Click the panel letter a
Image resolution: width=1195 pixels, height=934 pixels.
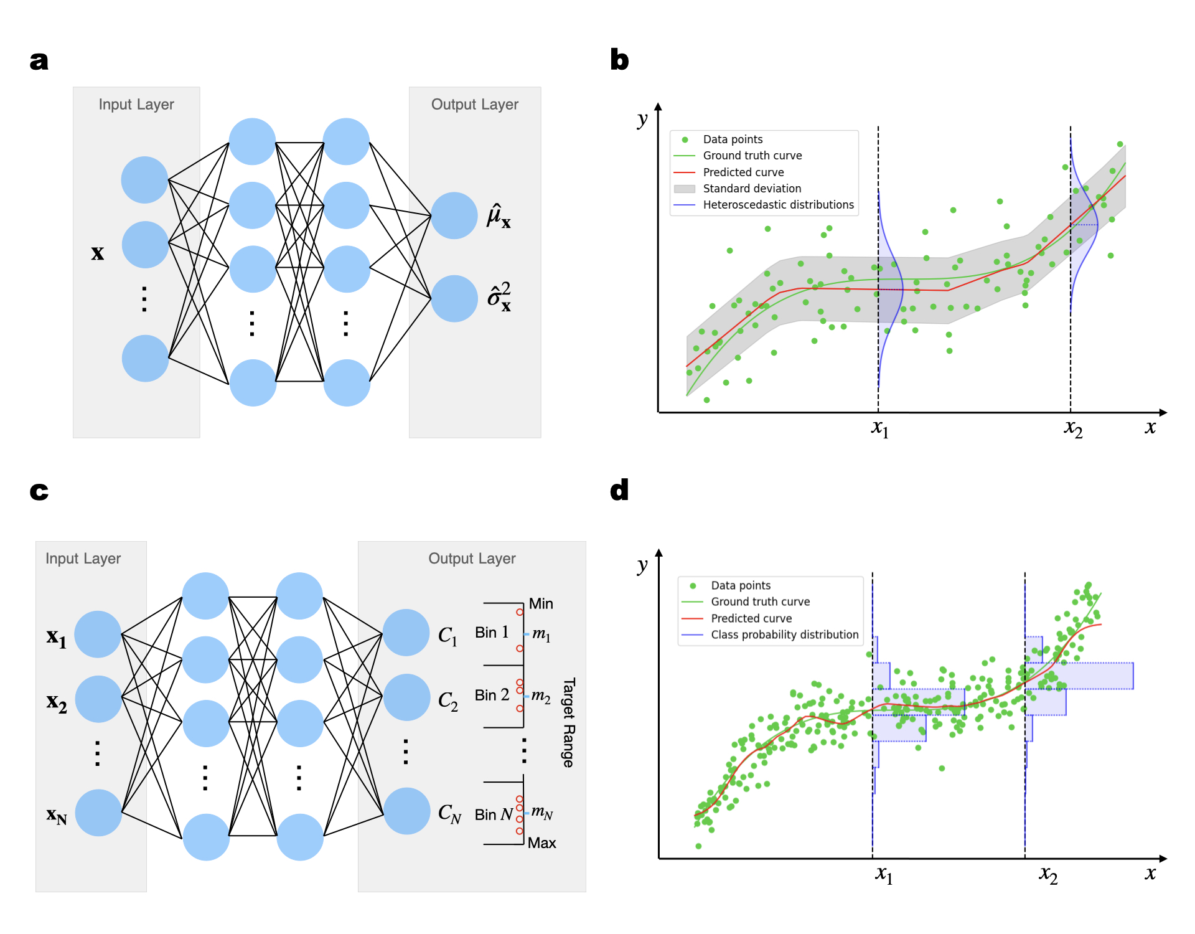pos(39,61)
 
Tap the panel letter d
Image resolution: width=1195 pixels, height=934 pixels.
pos(619,491)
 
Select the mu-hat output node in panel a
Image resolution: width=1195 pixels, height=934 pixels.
pos(454,215)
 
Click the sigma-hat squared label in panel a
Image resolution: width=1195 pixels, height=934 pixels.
pos(499,296)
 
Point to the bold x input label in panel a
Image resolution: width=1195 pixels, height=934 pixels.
pos(97,253)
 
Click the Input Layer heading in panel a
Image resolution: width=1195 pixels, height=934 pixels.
pos(136,105)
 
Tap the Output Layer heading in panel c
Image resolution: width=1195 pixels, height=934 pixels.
pos(472,559)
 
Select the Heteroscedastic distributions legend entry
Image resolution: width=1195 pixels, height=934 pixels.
pos(778,205)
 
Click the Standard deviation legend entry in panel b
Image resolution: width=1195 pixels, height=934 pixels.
pos(752,189)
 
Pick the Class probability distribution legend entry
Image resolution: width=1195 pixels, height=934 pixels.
pos(784,634)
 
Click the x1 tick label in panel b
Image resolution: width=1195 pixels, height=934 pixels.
pos(879,428)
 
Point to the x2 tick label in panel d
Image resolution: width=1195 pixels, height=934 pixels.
pos(1048,874)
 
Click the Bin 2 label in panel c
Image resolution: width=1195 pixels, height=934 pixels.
pos(492,695)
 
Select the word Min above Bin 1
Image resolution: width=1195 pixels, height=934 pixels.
pos(540,604)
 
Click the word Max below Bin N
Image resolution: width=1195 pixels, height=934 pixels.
pos(541,843)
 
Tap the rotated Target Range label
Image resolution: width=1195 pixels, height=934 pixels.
pos(568,722)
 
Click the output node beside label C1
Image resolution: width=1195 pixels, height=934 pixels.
pos(406,633)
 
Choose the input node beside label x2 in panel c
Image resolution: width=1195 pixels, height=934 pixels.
pos(98,699)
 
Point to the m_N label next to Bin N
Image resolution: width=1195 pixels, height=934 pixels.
pos(541,812)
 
